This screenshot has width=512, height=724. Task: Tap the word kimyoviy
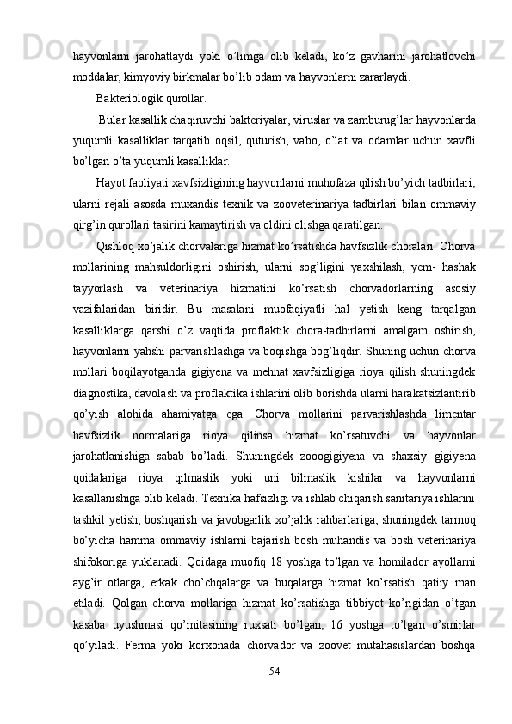[137, 76]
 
